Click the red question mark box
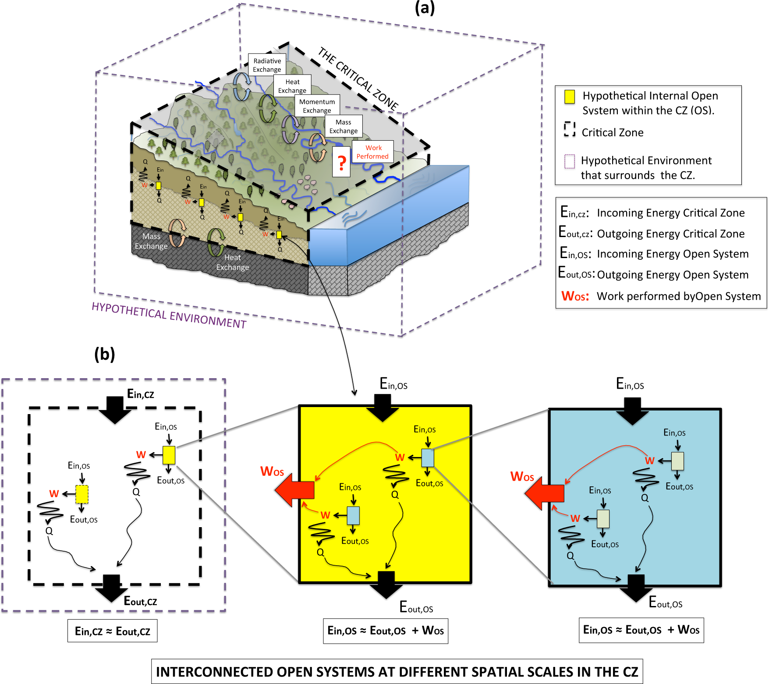point(341,162)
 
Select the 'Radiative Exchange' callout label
point(267,65)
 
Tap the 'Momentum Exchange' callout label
point(317,106)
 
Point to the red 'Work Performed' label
point(372,152)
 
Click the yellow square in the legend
point(569,97)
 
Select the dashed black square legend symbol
point(569,129)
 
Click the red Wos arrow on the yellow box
point(294,490)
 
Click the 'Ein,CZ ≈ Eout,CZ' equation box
point(113,631)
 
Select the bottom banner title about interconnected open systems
point(397,671)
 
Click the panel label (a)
point(425,8)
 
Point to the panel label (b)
point(105,354)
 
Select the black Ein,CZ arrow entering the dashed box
point(115,409)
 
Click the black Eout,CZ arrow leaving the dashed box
point(111,588)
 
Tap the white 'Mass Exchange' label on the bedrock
point(151,241)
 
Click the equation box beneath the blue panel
point(641,630)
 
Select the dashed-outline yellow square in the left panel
point(82,494)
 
